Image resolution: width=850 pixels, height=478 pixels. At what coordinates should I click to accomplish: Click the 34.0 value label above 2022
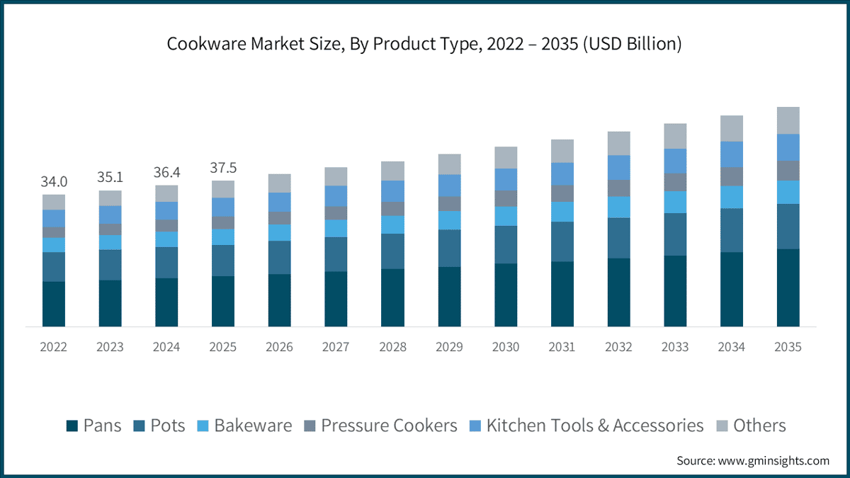tap(54, 182)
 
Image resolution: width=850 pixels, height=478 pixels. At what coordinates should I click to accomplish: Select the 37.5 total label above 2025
tap(223, 168)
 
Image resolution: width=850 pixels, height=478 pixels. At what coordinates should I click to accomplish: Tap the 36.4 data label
tap(166, 172)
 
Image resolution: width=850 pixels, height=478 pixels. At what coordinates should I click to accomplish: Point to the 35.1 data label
tap(110, 177)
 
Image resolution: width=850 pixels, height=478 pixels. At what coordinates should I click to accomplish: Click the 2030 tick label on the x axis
tap(506, 347)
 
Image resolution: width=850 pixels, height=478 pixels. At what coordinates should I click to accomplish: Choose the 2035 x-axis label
tap(788, 347)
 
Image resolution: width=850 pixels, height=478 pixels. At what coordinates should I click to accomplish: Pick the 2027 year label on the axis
tap(336, 347)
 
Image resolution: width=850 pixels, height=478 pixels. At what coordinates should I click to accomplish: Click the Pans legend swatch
tap(72, 426)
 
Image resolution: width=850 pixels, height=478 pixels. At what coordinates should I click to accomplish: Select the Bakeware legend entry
tap(245, 426)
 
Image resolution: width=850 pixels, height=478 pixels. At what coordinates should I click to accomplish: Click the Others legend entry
tap(752, 426)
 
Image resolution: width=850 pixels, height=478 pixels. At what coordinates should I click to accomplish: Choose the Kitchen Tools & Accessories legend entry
tap(586, 426)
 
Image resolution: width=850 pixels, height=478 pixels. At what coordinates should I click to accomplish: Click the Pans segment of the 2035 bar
tap(788, 288)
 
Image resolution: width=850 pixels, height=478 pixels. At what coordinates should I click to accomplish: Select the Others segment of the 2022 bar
tap(54, 203)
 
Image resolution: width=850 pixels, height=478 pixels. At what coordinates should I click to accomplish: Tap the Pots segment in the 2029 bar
tap(449, 248)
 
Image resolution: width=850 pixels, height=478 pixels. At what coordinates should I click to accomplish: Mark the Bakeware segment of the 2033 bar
tap(675, 203)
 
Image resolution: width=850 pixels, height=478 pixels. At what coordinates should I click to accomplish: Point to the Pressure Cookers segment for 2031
tap(562, 193)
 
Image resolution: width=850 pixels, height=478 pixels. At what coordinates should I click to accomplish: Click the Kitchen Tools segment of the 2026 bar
tap(280, 203)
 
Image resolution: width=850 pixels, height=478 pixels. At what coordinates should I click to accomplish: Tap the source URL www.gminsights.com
tap(773, 461)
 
